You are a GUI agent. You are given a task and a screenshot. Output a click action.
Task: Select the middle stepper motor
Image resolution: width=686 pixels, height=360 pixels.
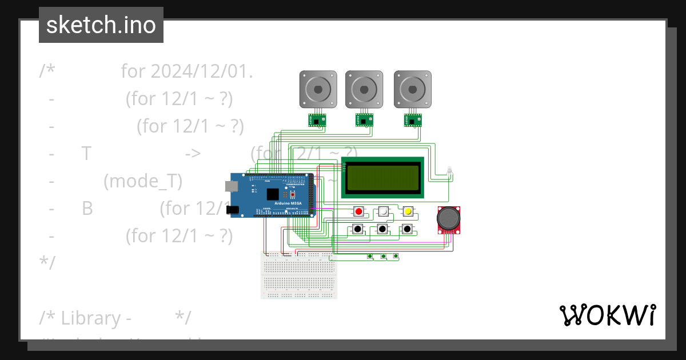364,89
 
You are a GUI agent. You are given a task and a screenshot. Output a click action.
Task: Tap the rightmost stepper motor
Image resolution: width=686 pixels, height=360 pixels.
412,89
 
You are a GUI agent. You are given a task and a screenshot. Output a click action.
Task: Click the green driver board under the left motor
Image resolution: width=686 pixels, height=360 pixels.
317,121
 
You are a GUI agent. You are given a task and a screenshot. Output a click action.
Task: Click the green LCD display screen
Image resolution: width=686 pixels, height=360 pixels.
382,177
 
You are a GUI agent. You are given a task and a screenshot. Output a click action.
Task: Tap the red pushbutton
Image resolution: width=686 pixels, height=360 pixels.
359,211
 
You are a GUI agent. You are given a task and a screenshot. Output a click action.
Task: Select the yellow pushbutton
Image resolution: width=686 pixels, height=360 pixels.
408,211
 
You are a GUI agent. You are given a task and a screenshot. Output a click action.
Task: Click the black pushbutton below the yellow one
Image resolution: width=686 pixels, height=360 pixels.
407,229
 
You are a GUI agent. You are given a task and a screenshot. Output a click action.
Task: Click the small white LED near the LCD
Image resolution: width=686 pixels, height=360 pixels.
449,170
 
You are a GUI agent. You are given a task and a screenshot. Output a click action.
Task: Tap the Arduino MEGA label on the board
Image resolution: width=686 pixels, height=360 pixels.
288,203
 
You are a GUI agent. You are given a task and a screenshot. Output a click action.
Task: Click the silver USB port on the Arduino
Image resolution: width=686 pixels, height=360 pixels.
230,186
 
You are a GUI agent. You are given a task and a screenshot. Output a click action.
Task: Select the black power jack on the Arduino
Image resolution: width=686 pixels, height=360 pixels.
232,210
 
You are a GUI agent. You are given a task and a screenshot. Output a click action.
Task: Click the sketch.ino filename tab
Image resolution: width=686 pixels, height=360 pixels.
101,25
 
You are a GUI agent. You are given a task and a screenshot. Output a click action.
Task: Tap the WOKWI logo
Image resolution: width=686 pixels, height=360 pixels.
607,315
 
